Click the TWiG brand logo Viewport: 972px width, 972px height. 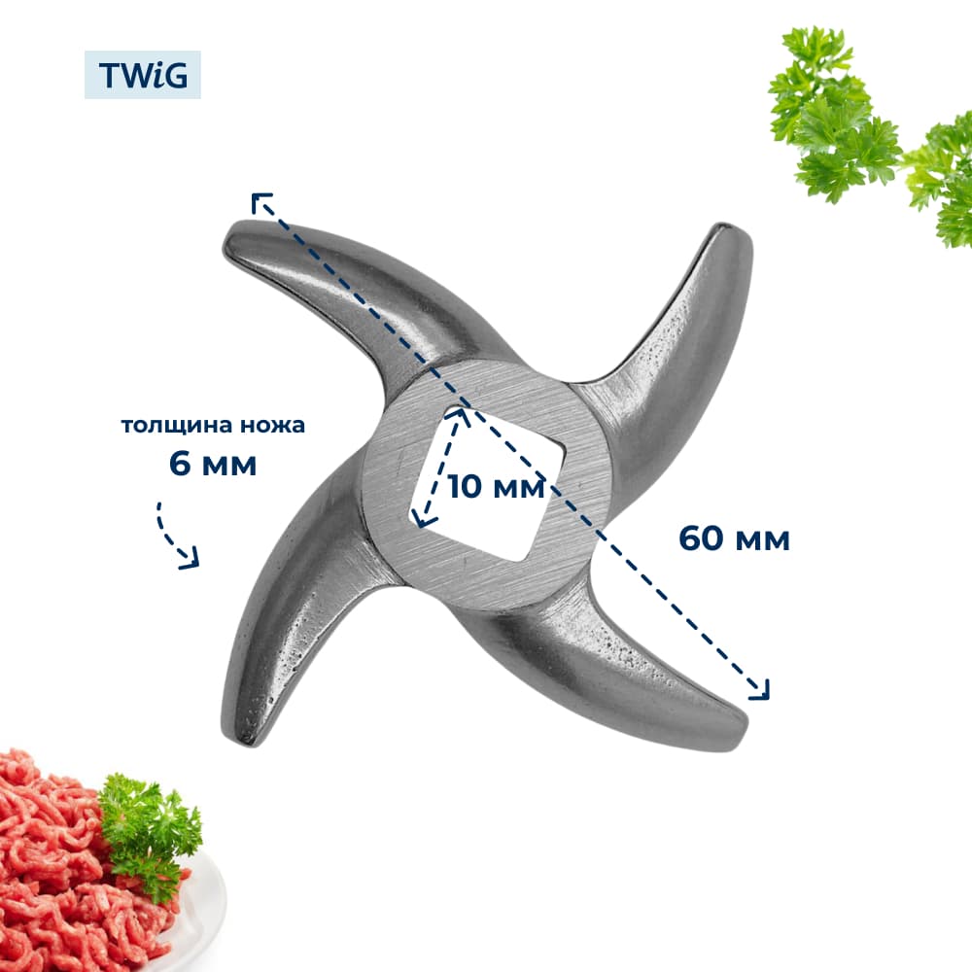pos(143,75)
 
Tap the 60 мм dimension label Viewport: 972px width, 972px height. pos(734,538)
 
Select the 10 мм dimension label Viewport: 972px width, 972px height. pos(496,486)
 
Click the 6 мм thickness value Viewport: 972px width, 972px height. pos(213,464)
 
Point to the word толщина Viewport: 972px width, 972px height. pos(176,426)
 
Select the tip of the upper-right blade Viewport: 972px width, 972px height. pos(732,229)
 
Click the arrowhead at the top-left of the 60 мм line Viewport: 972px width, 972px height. pos(260,201)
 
